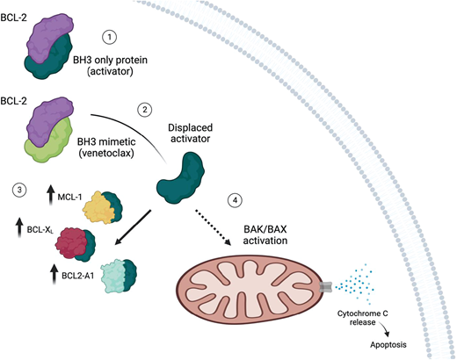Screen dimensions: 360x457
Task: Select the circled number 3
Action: coord(19,190)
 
